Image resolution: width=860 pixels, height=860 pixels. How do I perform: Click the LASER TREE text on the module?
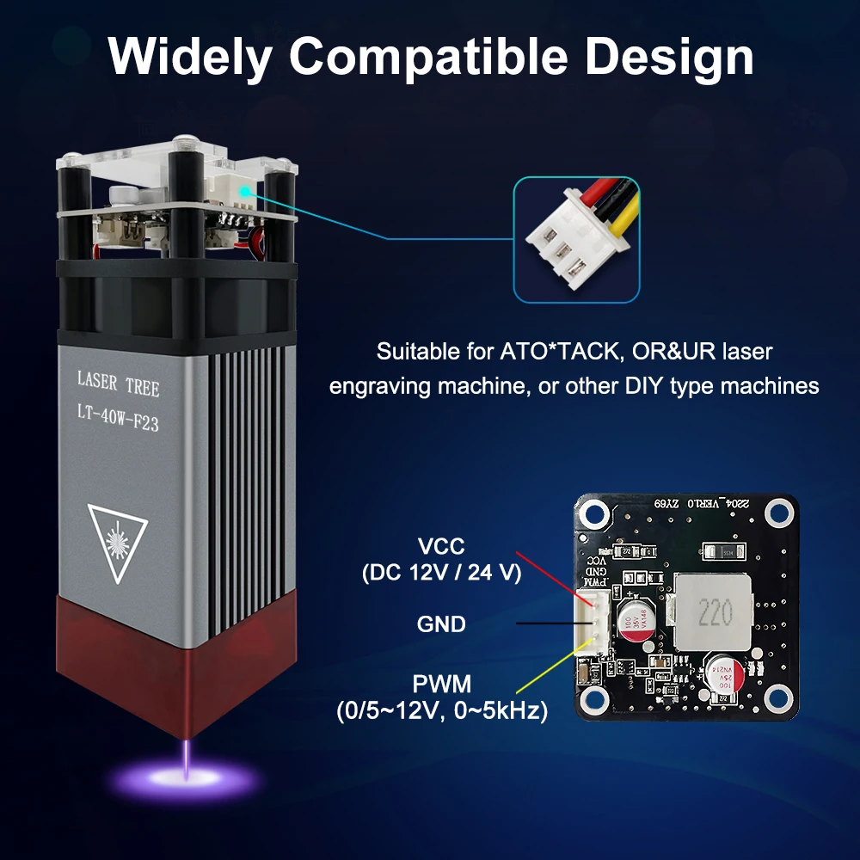click(118, 384)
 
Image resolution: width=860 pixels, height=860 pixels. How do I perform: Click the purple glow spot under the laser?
click(187, 781)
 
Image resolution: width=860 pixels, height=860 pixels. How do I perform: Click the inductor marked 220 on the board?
click(713, 611)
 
